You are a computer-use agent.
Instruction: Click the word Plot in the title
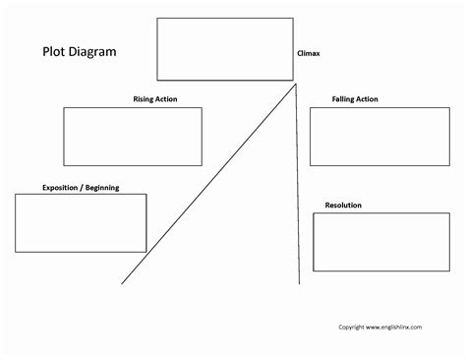point(54,53)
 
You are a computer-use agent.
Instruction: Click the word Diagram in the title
point(97,53)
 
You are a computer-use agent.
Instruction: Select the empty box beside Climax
point(224,49)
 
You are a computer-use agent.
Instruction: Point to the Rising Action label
point(155,98)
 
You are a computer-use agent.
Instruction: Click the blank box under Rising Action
point(133,136)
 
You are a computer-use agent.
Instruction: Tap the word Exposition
point(60,186)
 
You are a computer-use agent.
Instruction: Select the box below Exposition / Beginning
point(81,222)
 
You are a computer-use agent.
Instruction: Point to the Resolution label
point(343,205)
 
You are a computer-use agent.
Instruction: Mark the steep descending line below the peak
point(298,187)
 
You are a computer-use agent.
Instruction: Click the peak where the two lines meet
point(296,85)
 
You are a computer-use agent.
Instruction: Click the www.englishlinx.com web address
point(402,327)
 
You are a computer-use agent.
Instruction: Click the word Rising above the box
point(144,98)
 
